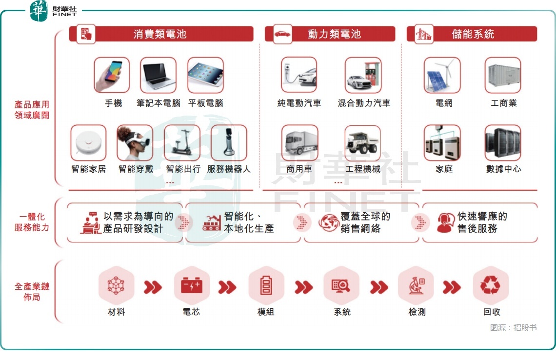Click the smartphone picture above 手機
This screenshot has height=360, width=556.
click(112, 75)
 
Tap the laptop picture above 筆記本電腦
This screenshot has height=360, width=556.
click(158, 75)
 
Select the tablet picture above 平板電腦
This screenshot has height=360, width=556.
click(206, 75)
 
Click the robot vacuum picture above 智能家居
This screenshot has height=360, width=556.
click(88, 142)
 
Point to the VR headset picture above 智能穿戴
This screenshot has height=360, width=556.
click(135, 142)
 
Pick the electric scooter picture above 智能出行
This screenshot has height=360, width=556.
click(182, 142)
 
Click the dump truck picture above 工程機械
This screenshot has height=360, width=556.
click(363, 143)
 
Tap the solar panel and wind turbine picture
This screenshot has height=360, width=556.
click(442, 75)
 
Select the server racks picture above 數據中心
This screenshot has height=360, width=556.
click(503, 142)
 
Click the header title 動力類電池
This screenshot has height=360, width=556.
click(335, 34)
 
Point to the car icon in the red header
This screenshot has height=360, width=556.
click(282, 34)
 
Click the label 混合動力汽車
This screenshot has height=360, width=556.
click(364, 103)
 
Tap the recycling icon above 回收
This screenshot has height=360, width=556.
click(491, 285)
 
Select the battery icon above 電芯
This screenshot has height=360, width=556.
click(192, 285)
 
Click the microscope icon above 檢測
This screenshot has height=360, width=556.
click(417, 285)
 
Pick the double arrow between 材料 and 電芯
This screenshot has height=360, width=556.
click(153, 287)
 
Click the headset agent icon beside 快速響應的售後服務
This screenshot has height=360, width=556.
click(446, 223)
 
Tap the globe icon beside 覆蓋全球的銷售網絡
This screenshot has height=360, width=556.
click(329, 223)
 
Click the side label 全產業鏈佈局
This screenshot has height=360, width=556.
click(32, 292)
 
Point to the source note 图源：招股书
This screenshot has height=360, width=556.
click(514, 328)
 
